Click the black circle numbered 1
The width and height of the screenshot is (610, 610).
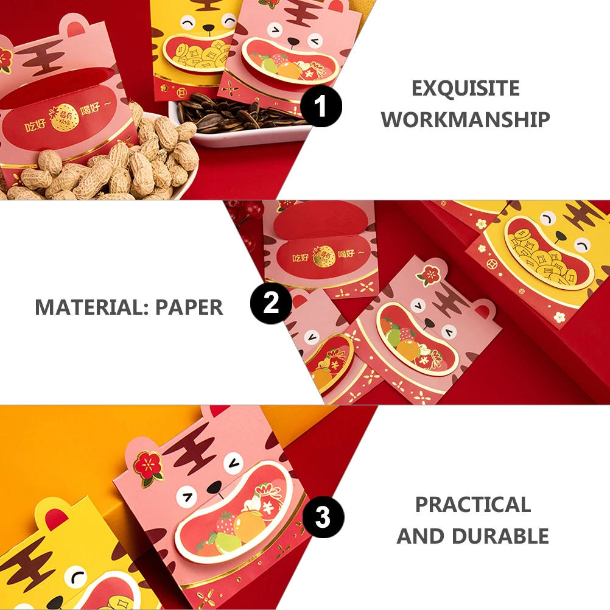click(321, 106)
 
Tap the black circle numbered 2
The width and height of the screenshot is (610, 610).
click(272, 303)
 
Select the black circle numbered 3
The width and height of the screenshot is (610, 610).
click(323, 519)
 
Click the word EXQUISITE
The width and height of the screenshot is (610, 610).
click(466, 89)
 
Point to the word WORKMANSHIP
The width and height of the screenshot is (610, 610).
click(466, 119)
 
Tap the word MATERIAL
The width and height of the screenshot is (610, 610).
click(91, 307)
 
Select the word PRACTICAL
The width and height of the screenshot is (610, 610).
click(473, 505)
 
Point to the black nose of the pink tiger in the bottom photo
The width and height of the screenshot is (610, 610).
click(214, 487)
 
